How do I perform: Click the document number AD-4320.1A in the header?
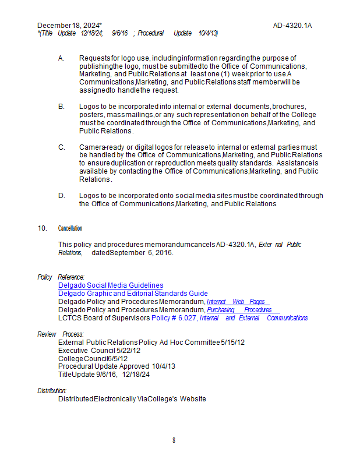click(292, 26)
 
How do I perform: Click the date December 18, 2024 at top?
click(69, 26)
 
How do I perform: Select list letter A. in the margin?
click(61, 58)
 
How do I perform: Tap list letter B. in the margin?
click(61, 107)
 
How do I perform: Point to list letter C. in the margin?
click(61, 147)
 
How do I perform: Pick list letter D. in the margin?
click(61, 196)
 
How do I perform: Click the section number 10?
click(42, 228)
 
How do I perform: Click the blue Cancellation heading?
click(70, 228)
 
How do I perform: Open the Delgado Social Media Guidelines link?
click(111, 285)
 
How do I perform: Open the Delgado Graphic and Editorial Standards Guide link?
click(133, 294)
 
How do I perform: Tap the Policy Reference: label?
click(61, 277)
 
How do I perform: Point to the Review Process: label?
click(61, 334)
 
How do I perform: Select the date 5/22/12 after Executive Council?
click(129, 351)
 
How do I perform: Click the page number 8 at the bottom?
click(174, 440)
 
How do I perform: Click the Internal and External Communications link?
click(253, 318)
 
